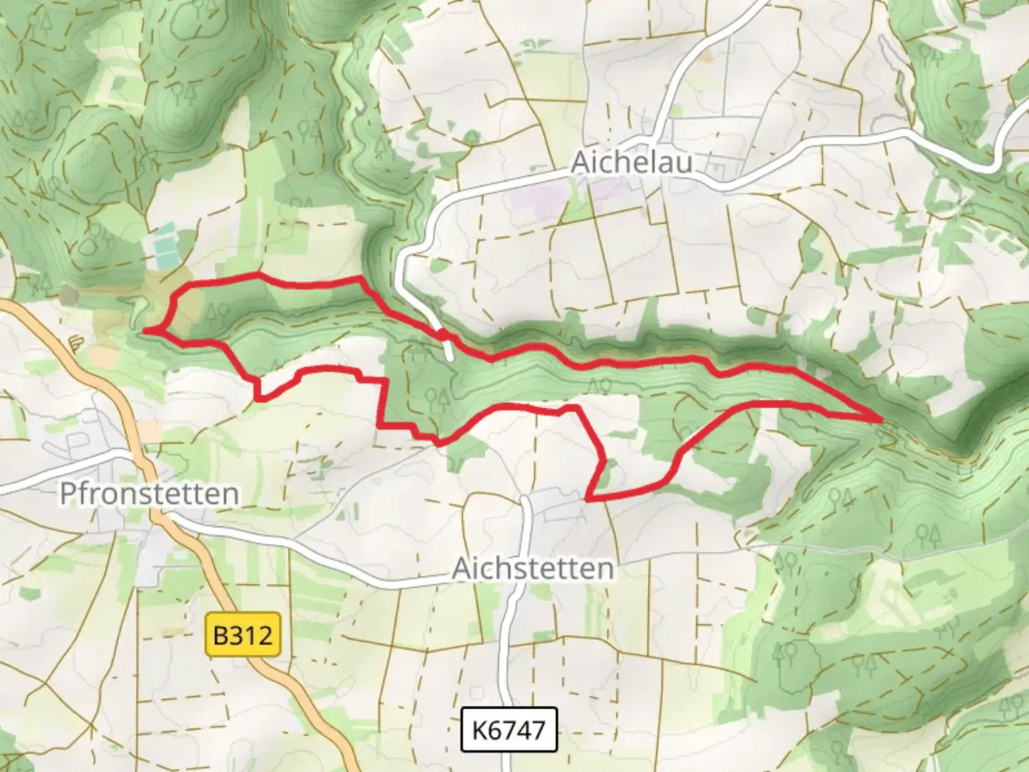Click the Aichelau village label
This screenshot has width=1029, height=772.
click(632, 163)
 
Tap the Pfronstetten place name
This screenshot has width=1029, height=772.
click(149, 494)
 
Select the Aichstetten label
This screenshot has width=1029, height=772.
click(533, 569)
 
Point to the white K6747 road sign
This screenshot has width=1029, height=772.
click(508, 730)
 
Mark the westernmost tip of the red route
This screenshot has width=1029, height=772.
click(145, 331)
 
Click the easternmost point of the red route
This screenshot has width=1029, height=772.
click(880, 420)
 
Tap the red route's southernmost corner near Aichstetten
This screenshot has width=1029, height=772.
click(587, 498)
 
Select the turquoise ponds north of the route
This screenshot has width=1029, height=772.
click(164, 243)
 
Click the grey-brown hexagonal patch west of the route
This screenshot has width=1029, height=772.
click(69, 294)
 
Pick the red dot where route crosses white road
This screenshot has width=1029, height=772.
click(444, 335)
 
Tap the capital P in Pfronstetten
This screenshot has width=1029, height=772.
click(69, 493)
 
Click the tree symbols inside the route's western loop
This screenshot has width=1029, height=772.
click(218, 312)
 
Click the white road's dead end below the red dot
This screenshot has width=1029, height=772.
click(449, 360)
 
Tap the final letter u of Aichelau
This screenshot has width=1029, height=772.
click(684, 163)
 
